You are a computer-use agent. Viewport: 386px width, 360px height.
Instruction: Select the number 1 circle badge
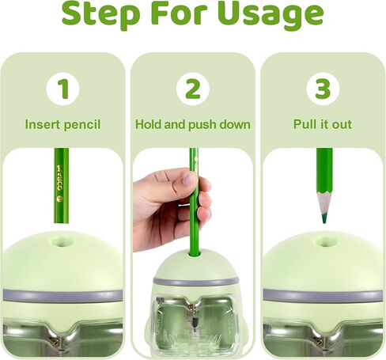coord(62,89)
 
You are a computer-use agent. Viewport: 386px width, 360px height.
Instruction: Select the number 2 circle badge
coord(193,89)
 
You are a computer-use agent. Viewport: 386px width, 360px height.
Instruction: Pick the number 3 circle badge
coord(323,89)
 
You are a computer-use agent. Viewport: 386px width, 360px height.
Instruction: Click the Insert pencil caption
coord(62,125)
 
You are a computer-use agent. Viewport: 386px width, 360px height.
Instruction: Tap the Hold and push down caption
coord(193,125)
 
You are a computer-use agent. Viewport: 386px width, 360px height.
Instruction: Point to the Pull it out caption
coord(323,125)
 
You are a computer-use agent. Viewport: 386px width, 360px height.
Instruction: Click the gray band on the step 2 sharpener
coord(193,282)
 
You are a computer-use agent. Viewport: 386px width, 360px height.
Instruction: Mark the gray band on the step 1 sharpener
coord(62,294)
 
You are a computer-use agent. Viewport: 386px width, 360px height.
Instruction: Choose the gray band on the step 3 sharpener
coord(323,294)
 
